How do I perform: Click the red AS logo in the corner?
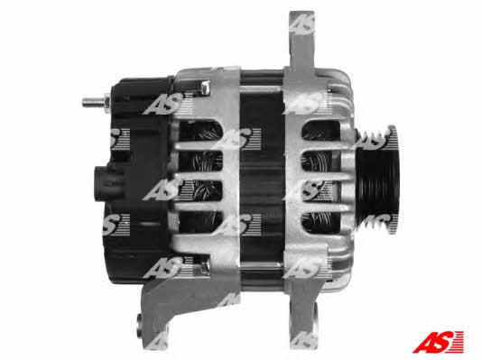coord(438,342)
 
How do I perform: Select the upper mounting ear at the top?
coord(302,40)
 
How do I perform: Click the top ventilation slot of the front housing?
coord(320,131)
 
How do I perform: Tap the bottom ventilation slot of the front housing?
coord(321,222)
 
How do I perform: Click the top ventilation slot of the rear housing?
coord(200,131)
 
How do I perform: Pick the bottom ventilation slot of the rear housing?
coord(200,222)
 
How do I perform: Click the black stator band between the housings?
coord(262,178)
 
